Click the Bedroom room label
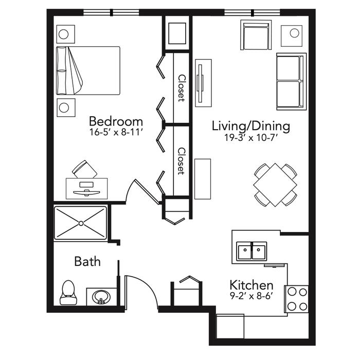coord(116,121)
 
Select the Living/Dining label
coord(251,127)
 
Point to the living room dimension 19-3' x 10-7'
coord(251,138)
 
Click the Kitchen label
coord(251,285)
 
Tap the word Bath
coord(87,261)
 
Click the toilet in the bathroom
coord(68,293)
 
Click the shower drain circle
coord(81,223)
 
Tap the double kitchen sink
coord(251,251)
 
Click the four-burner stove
coord(297,299)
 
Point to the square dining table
coord(275,185)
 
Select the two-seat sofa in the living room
coord(292,81)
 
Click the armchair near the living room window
coord(256,35)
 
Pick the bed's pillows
coord(62,70)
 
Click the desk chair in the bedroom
coord(84,170)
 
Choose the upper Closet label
coord(182,88)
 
